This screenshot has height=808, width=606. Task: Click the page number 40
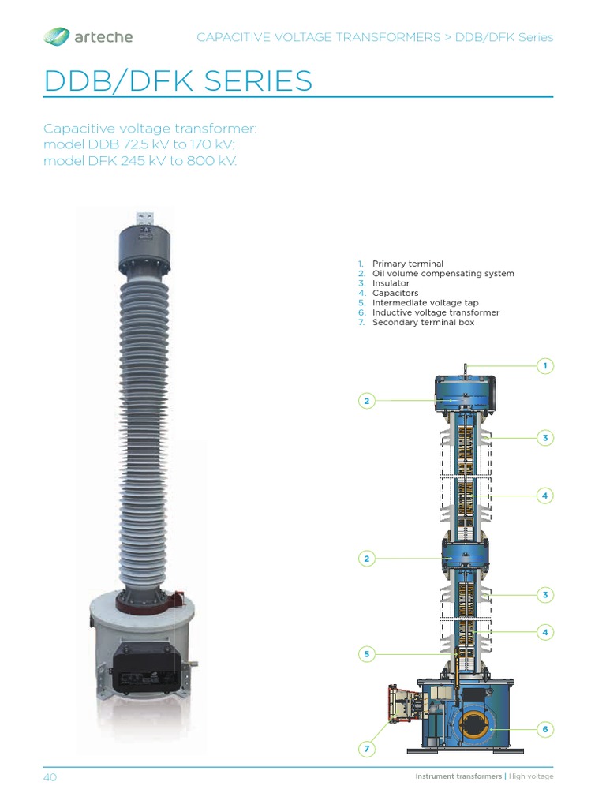click(50, 776)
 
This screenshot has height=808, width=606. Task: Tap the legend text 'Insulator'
click(391, 282)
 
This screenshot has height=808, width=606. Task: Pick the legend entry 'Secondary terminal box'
click(423, 322)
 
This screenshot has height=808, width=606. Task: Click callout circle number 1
click(544, 365)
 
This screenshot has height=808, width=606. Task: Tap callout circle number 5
click(366, 653)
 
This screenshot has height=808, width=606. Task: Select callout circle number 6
click(544, 729)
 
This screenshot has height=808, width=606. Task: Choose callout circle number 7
click(366, 748)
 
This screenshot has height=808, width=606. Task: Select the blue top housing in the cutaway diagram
click(464, 391)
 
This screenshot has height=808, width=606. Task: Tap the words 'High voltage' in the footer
click(531, 776)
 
